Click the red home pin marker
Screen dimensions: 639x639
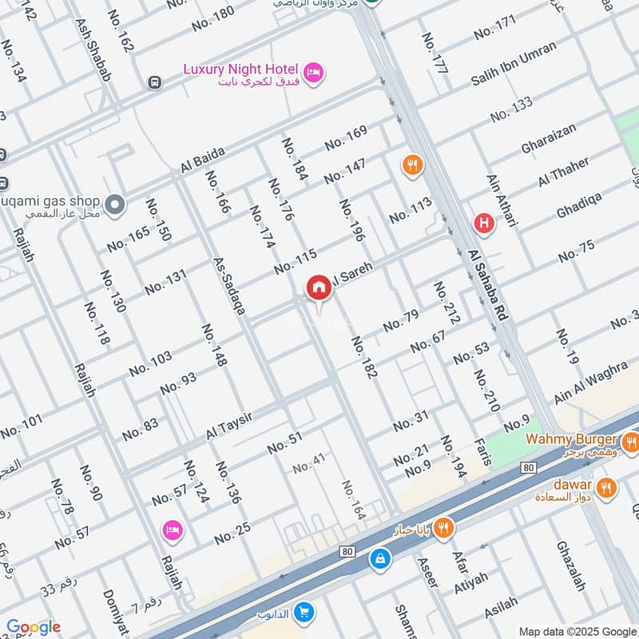(319, 288)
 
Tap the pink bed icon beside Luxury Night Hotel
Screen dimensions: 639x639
(316, 71)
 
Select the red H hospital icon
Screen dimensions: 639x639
(482, 224)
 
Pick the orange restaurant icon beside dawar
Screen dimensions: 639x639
(606, 486)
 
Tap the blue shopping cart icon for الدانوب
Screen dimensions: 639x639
(304, 613)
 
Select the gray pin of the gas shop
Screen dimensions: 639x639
(116, 204)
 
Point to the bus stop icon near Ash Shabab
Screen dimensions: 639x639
(154, 82)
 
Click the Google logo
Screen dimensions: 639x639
(33, 627)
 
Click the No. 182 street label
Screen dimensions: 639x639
(363, 357)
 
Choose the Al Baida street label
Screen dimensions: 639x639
(204, 161)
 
